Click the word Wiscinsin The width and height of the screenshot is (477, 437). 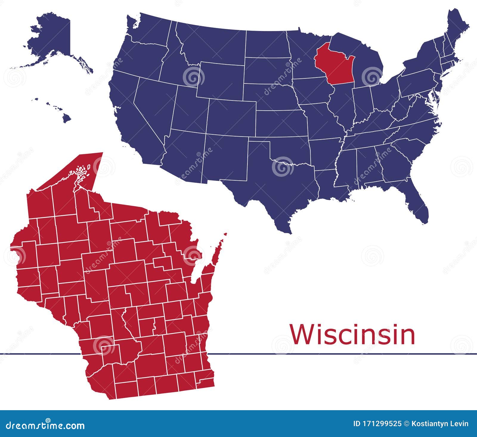tap(352, 335)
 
